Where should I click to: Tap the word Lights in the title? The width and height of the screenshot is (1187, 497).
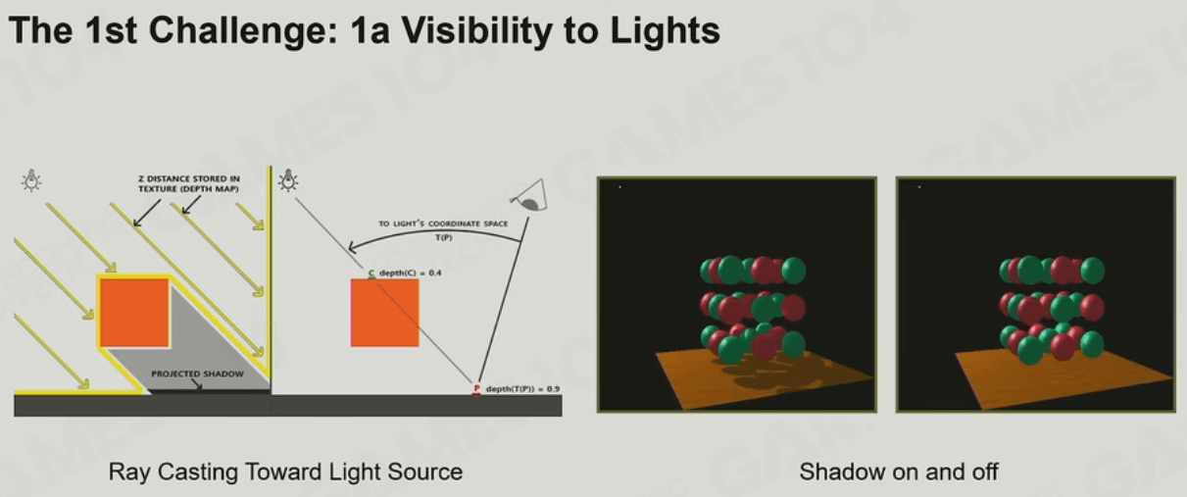click(665, 30)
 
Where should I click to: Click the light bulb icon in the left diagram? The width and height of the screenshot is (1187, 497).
click(31, 180)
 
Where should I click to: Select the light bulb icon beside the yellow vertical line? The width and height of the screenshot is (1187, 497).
click(288, 180)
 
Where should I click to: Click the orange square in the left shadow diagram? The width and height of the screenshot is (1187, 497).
click(134, 313)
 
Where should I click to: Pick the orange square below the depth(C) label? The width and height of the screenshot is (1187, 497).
click(384, 313)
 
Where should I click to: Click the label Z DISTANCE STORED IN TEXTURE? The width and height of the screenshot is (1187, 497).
click(188, 184)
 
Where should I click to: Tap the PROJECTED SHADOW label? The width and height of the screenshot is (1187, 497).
click(198, 373)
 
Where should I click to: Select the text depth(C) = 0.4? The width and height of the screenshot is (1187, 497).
click(410, 273)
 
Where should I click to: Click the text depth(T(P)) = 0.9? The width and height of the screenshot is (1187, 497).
click(522, 389)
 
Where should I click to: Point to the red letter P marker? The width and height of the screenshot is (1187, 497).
click(476, 389)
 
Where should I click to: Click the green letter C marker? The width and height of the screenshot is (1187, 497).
click(371, 273)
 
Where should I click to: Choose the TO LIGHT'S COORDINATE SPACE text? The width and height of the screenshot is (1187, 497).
click(443, 224)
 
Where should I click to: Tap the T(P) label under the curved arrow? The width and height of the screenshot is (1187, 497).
click(444, 237)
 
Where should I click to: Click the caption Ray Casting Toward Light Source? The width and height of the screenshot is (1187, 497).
click(285, 472)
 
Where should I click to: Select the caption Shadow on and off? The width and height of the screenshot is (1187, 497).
click(899, 472)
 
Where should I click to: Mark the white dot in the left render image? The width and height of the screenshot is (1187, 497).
click(620, 187)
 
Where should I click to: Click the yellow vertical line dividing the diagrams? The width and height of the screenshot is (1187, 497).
click(271, 279)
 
